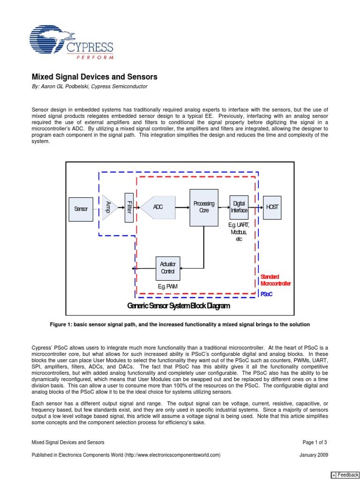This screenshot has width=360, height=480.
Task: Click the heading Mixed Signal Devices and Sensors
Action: click(x=94, y=76)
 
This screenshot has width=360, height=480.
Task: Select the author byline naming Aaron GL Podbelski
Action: click(x=89, y=86)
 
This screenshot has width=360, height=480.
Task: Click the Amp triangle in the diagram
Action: click(x=109, y=207)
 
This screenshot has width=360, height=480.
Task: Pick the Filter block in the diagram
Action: click(x=129, y=207)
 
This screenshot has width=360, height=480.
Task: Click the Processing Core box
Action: click(x=203, y=207)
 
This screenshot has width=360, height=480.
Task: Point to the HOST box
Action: click(x=272, y=207)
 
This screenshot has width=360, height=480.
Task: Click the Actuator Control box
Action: click(x=167, y=268)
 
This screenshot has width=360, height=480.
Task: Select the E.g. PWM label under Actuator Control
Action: click(x=168, y=286)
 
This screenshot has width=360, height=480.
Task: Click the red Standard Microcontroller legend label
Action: click(x=276, y=280)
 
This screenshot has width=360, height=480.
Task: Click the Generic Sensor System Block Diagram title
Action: click(x=179, y=306)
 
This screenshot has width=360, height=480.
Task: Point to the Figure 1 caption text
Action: click(x=180, y=324)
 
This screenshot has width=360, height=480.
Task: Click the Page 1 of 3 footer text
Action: click(x=315, y=442)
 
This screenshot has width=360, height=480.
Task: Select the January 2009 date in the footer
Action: click(x=314, y=455)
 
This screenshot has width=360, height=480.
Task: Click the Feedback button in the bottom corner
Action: click(x=345, y=475)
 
